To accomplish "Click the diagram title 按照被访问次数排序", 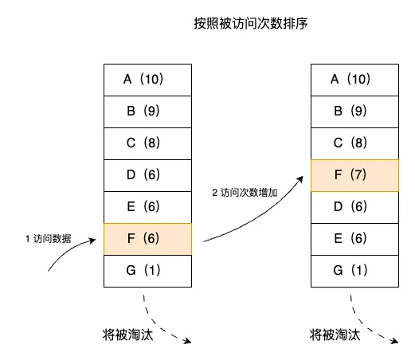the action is (x=251, y=23).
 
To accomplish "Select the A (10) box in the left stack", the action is (x=147, y=80).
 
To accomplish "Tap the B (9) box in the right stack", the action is (x=354, y=112).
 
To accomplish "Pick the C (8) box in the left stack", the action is (x=147, y=143).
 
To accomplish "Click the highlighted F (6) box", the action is (x=147, y=239).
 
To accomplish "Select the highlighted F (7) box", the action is (x=354, y=175).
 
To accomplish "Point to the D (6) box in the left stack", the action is (x=147, y=175).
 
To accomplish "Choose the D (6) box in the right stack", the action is (x=354, y=207).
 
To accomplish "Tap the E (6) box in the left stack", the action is (x=147, y=207).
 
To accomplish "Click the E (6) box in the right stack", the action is (x=354, y=239).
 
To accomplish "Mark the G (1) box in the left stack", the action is (x=147, y=271).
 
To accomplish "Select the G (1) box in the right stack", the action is (x=354, y=271).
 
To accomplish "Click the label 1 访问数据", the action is (x=49, y=239).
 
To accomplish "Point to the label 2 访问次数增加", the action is (x=245, y=193).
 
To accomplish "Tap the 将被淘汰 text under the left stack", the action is (x=127, y=335).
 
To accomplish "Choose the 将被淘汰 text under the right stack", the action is (x=335, y=335).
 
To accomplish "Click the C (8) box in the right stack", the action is (x=354, y=143).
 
